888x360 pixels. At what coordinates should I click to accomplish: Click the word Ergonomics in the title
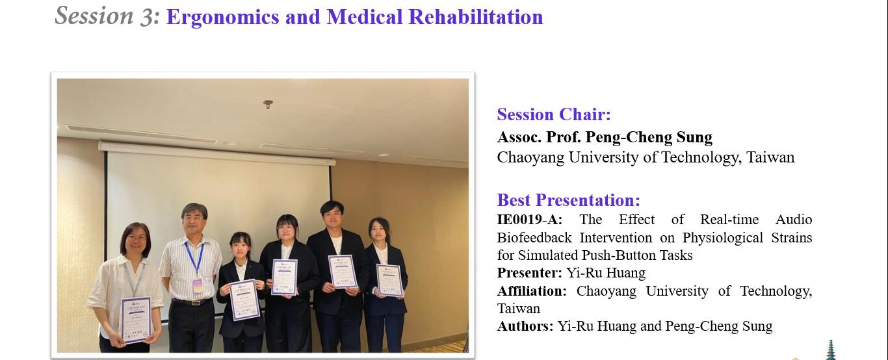(x=222, y=18)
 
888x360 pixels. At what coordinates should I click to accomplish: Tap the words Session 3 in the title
(x=107, y=16)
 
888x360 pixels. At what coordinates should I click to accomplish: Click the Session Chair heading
(x=554, y=114)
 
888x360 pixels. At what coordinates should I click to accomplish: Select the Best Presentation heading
(x=568, y=200)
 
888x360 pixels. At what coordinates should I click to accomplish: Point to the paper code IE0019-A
(x=530, y=219)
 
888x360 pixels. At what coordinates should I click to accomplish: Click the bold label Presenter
(x=529, y=273)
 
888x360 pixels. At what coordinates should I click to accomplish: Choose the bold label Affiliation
(x=532, y=291)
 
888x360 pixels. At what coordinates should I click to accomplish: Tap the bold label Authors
(x=525, y=326)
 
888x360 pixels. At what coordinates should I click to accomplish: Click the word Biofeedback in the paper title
(x=534, y=237)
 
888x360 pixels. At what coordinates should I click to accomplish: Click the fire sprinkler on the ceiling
(x=268, y=104)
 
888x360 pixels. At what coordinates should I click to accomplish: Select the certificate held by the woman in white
(x=137, y=320)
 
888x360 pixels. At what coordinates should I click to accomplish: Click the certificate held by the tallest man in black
(x=343, y=272)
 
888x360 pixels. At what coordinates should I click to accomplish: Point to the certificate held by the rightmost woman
(x=389, y=280)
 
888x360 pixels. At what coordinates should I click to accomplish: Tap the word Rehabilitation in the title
(x=475, y=18)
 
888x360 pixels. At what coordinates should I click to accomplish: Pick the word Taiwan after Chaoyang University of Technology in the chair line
(x=770, y=157)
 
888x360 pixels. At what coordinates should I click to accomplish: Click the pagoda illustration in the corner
(x=830, y=350)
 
